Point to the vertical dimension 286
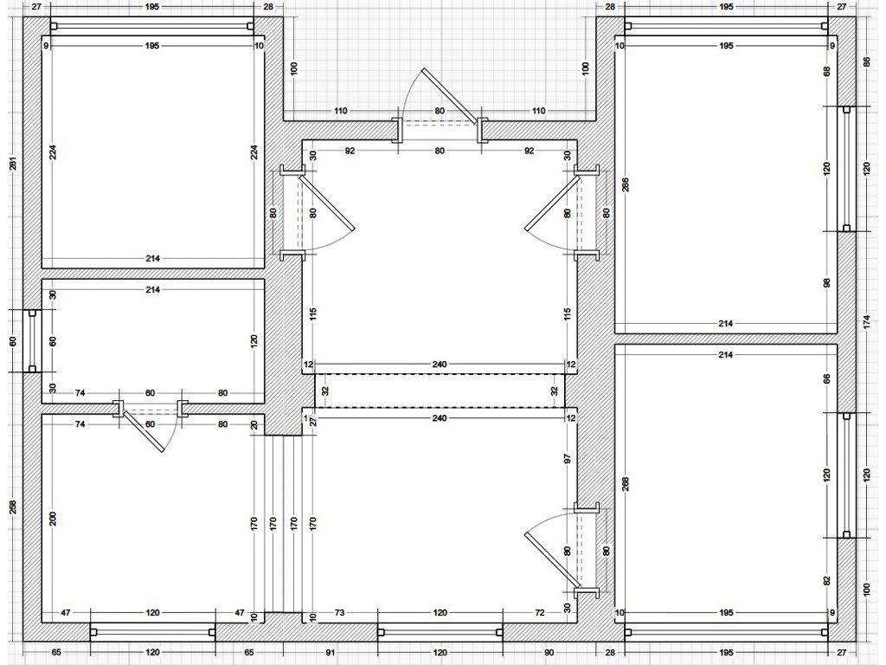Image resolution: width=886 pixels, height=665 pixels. point(626,185)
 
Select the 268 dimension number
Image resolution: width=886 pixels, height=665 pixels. point(626,484)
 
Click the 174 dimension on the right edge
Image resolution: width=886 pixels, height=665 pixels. point(867,324)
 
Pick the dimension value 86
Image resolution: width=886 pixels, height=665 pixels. point(867,61)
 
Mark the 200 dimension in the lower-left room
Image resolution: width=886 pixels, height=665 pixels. point(53,519)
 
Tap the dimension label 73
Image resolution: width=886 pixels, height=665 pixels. point(339,612)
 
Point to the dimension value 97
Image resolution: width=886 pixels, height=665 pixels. point(568,458)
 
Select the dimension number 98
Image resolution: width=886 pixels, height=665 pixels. point(827,283)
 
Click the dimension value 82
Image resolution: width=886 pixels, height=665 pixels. point(827,581)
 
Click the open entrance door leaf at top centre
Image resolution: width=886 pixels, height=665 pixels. point(450,95)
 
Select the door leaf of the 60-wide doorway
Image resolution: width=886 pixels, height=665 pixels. point(144,431)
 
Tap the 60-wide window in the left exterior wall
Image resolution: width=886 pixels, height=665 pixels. point(32,341)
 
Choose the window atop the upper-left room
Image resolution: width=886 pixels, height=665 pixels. point(152,25)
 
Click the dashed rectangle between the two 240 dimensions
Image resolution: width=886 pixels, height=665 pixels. point(440,391)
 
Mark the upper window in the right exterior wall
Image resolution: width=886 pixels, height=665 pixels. point(846,169)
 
